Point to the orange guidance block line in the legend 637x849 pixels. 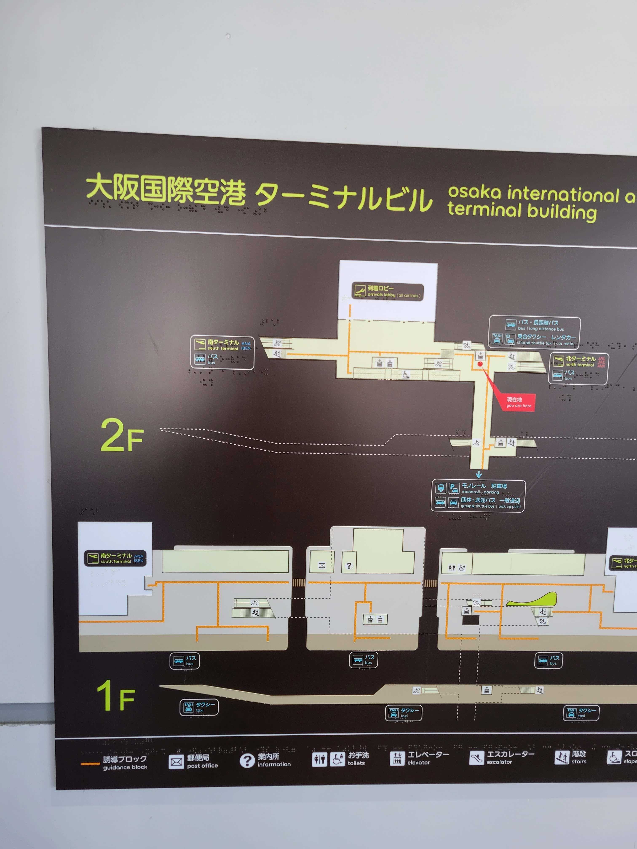[x=90, y=764]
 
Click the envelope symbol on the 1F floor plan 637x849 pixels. [x=322, y=565]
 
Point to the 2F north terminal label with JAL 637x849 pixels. [x=579, y=368]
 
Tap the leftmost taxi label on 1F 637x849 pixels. [x=199, y=707]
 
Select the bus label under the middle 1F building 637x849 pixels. [x=363, y=660]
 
